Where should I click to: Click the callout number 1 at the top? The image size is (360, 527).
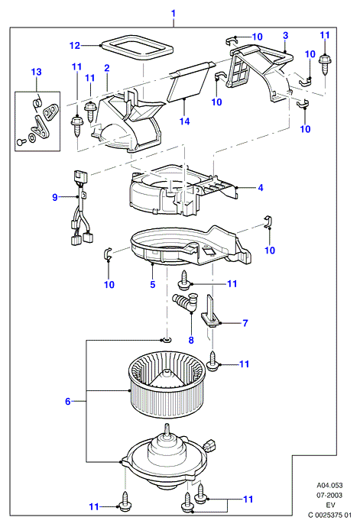pyautogui.click(x=174, y=14)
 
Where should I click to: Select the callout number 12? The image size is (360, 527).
pyautogui.click(x=75, y=45)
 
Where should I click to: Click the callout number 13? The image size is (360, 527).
pyautogui.click(x=37, y=72)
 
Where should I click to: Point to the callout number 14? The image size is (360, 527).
pyautogui.click(x=184, y=121)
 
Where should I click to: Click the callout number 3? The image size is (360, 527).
pyautogui.click(x=285, y=35)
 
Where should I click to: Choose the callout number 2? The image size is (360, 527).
pyautogui.click(x=107, y=68)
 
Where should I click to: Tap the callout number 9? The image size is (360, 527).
pyautogui.click(x=55, y=197)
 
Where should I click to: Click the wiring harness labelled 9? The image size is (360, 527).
pyautogui.click(x=81, y=209)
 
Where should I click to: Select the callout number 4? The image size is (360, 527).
pyautogui.click(x=261, y=188)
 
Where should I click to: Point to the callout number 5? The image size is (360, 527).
pyautogui.click(x=153, y=284)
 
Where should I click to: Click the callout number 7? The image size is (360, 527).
pyautogui.click(x=245, y=323)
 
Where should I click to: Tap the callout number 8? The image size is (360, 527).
pyautogui.click(x=191, y=340)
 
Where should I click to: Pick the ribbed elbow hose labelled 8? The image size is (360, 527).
pyautogui.click(x=186, y=302)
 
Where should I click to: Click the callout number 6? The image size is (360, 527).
pyautogui.click(x=67, y=401)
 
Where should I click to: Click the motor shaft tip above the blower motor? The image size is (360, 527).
pyautogui.click(x=167, y=425)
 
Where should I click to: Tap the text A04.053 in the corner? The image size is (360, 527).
pyautogui.click(x=329, y=485)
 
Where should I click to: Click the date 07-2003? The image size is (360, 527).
pyautogui.click(x=329, y=495)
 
